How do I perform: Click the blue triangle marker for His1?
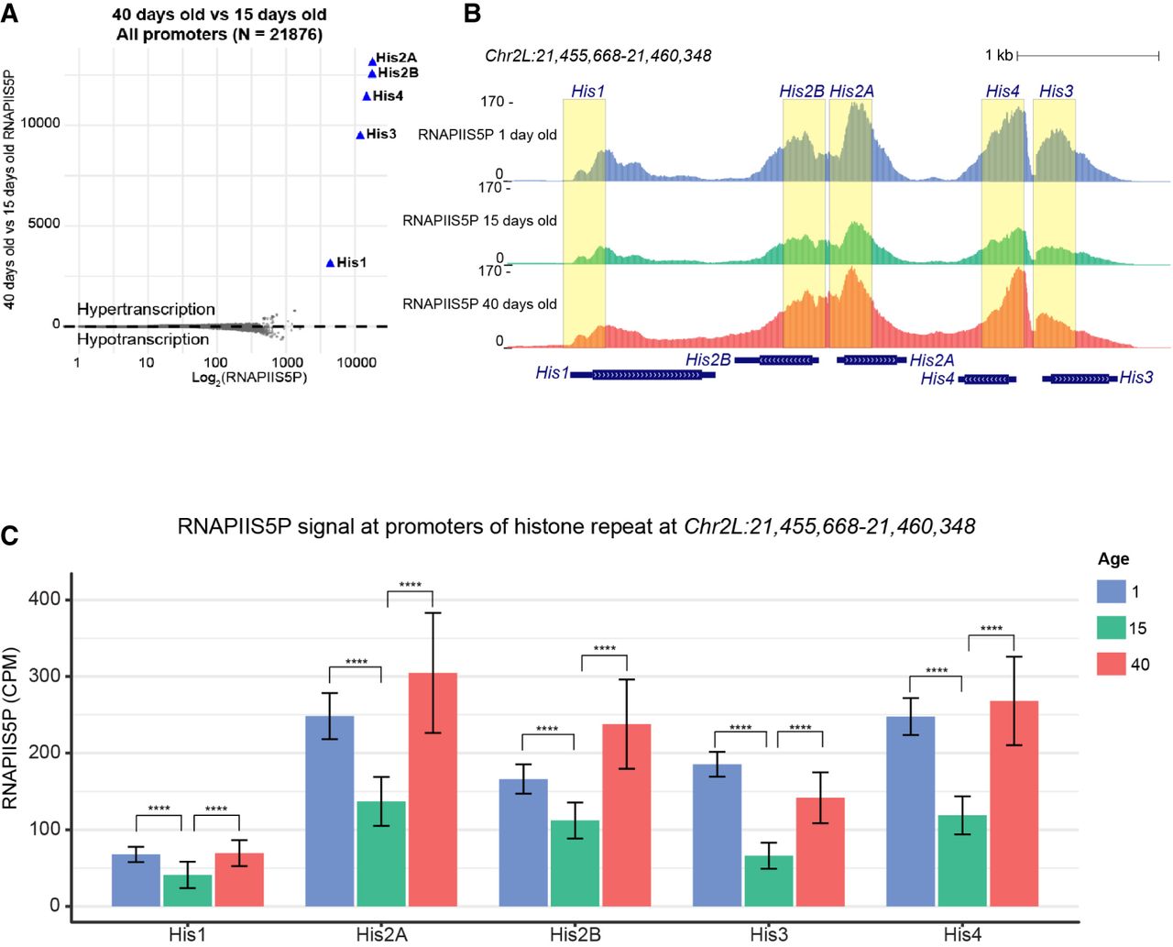coord(330,263)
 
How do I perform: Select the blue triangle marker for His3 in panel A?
coord(360,135)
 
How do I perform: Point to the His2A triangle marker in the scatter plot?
coord(372,61)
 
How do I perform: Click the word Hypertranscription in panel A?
coord(146,309)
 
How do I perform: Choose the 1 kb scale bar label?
coord(998,56)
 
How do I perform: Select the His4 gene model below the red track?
coord(987,379)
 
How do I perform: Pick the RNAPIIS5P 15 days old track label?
coord(479,221)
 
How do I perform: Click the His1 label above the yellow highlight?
coord(587,91)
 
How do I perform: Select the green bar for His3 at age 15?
coord(769,880)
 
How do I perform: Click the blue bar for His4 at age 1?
coord(911,810)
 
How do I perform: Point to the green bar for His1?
coord(187,889)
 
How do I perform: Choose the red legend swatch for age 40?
coord(1111,664)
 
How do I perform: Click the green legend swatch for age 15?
coord(1111,628)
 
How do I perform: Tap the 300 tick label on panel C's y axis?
coord(44,676)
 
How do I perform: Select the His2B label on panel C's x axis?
coord(576,934)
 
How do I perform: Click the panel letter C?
coord(10,535)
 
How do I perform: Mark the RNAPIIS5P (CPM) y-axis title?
coord(11,729)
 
